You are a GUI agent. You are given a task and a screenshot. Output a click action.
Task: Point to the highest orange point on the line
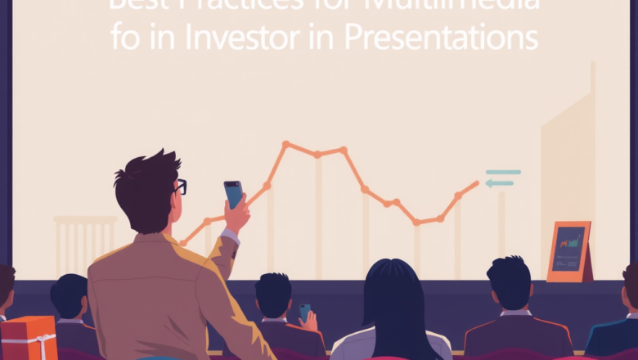pyautogui.click(x=285, y=144)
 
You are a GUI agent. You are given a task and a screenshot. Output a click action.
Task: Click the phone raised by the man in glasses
pyautogui.click(x=233, y=195)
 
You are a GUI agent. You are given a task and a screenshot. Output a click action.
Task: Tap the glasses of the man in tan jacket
pyautogui.click(x=180, y=187)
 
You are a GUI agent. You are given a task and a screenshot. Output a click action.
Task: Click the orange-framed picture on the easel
pyautogui.click(x=568, y=251)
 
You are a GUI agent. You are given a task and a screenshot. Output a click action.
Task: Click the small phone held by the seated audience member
pyautogui.click(x=304, y=313)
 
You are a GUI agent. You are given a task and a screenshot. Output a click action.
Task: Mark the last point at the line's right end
pyautogui.click(x=478, y=182)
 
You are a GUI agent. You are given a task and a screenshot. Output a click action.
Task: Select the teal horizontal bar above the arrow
pyautogui.click(x=503, y=172)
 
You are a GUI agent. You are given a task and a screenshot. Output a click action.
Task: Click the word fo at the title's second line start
pyautogui.click(x=124, y=38)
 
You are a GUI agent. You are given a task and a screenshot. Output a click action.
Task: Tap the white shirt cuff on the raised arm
pyautogui.click(x=231, y=237)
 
